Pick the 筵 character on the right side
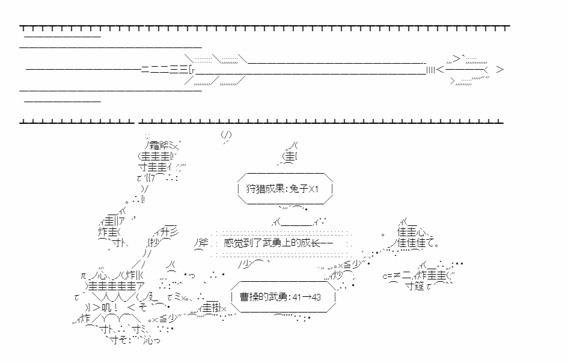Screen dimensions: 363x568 click(x=420, y=286)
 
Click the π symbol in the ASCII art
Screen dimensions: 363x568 click(x=85, y=275)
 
